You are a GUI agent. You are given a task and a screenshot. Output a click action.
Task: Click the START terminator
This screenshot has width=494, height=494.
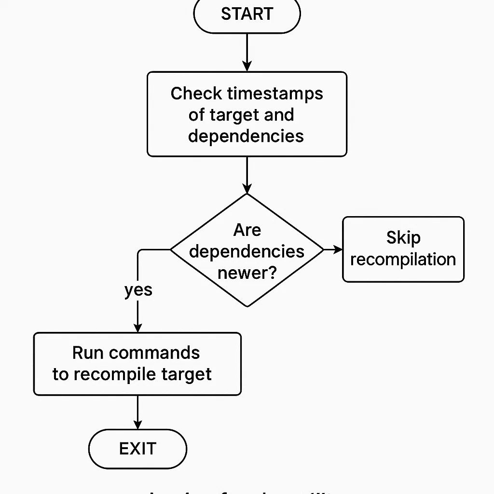click(247, 14)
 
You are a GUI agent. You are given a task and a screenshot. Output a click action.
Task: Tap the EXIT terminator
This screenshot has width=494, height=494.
click(137, 449)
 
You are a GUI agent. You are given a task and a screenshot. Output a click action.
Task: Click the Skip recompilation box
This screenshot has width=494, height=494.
click(403, 249)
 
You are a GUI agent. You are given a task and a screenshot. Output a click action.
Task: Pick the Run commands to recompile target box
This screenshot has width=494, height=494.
click(137, 364)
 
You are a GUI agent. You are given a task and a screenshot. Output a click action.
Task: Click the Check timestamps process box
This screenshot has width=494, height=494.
click(247, 114)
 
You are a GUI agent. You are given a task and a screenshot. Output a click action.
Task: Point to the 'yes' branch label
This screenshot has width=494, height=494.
click(138, 290)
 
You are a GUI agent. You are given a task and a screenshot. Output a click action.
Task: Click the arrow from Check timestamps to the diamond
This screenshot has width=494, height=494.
click(247, 175)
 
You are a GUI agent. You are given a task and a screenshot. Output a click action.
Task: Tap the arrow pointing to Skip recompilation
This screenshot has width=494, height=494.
click(333, 249)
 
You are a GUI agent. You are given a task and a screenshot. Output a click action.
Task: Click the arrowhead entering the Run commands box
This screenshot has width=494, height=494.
click(138, 328)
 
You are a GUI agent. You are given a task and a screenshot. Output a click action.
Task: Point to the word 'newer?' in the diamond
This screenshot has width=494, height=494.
click(247, 273)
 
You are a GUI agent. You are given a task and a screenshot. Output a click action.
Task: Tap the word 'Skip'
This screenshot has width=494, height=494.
click(403, 238)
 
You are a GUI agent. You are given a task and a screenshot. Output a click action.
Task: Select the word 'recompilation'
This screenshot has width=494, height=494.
click(403, 260)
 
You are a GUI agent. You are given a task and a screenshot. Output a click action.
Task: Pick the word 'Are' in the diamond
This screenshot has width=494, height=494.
click(247, 230)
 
